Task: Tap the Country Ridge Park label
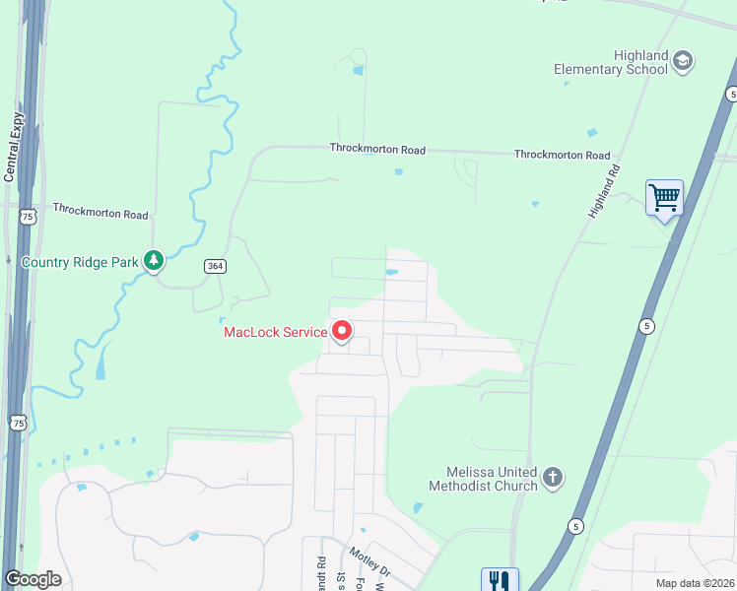(80, 263)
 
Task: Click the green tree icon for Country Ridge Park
(153, 261)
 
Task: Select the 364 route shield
(216, 266)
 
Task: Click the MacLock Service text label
(275, 332)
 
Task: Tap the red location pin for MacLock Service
(342, 331)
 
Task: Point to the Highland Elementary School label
(611, 62)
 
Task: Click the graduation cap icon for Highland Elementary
(683, 62)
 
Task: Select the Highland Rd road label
(604, 191)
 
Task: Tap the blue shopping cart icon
(665, 198)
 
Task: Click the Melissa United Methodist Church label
(483, 479)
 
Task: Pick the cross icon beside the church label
(553, 479)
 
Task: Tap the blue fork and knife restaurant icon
(500, 581)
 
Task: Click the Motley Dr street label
(369, 561)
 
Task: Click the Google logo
(33, 579)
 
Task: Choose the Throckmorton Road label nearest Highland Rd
(562, 156)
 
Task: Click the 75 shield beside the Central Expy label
(28, 217)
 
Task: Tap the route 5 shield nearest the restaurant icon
(574, 527)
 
